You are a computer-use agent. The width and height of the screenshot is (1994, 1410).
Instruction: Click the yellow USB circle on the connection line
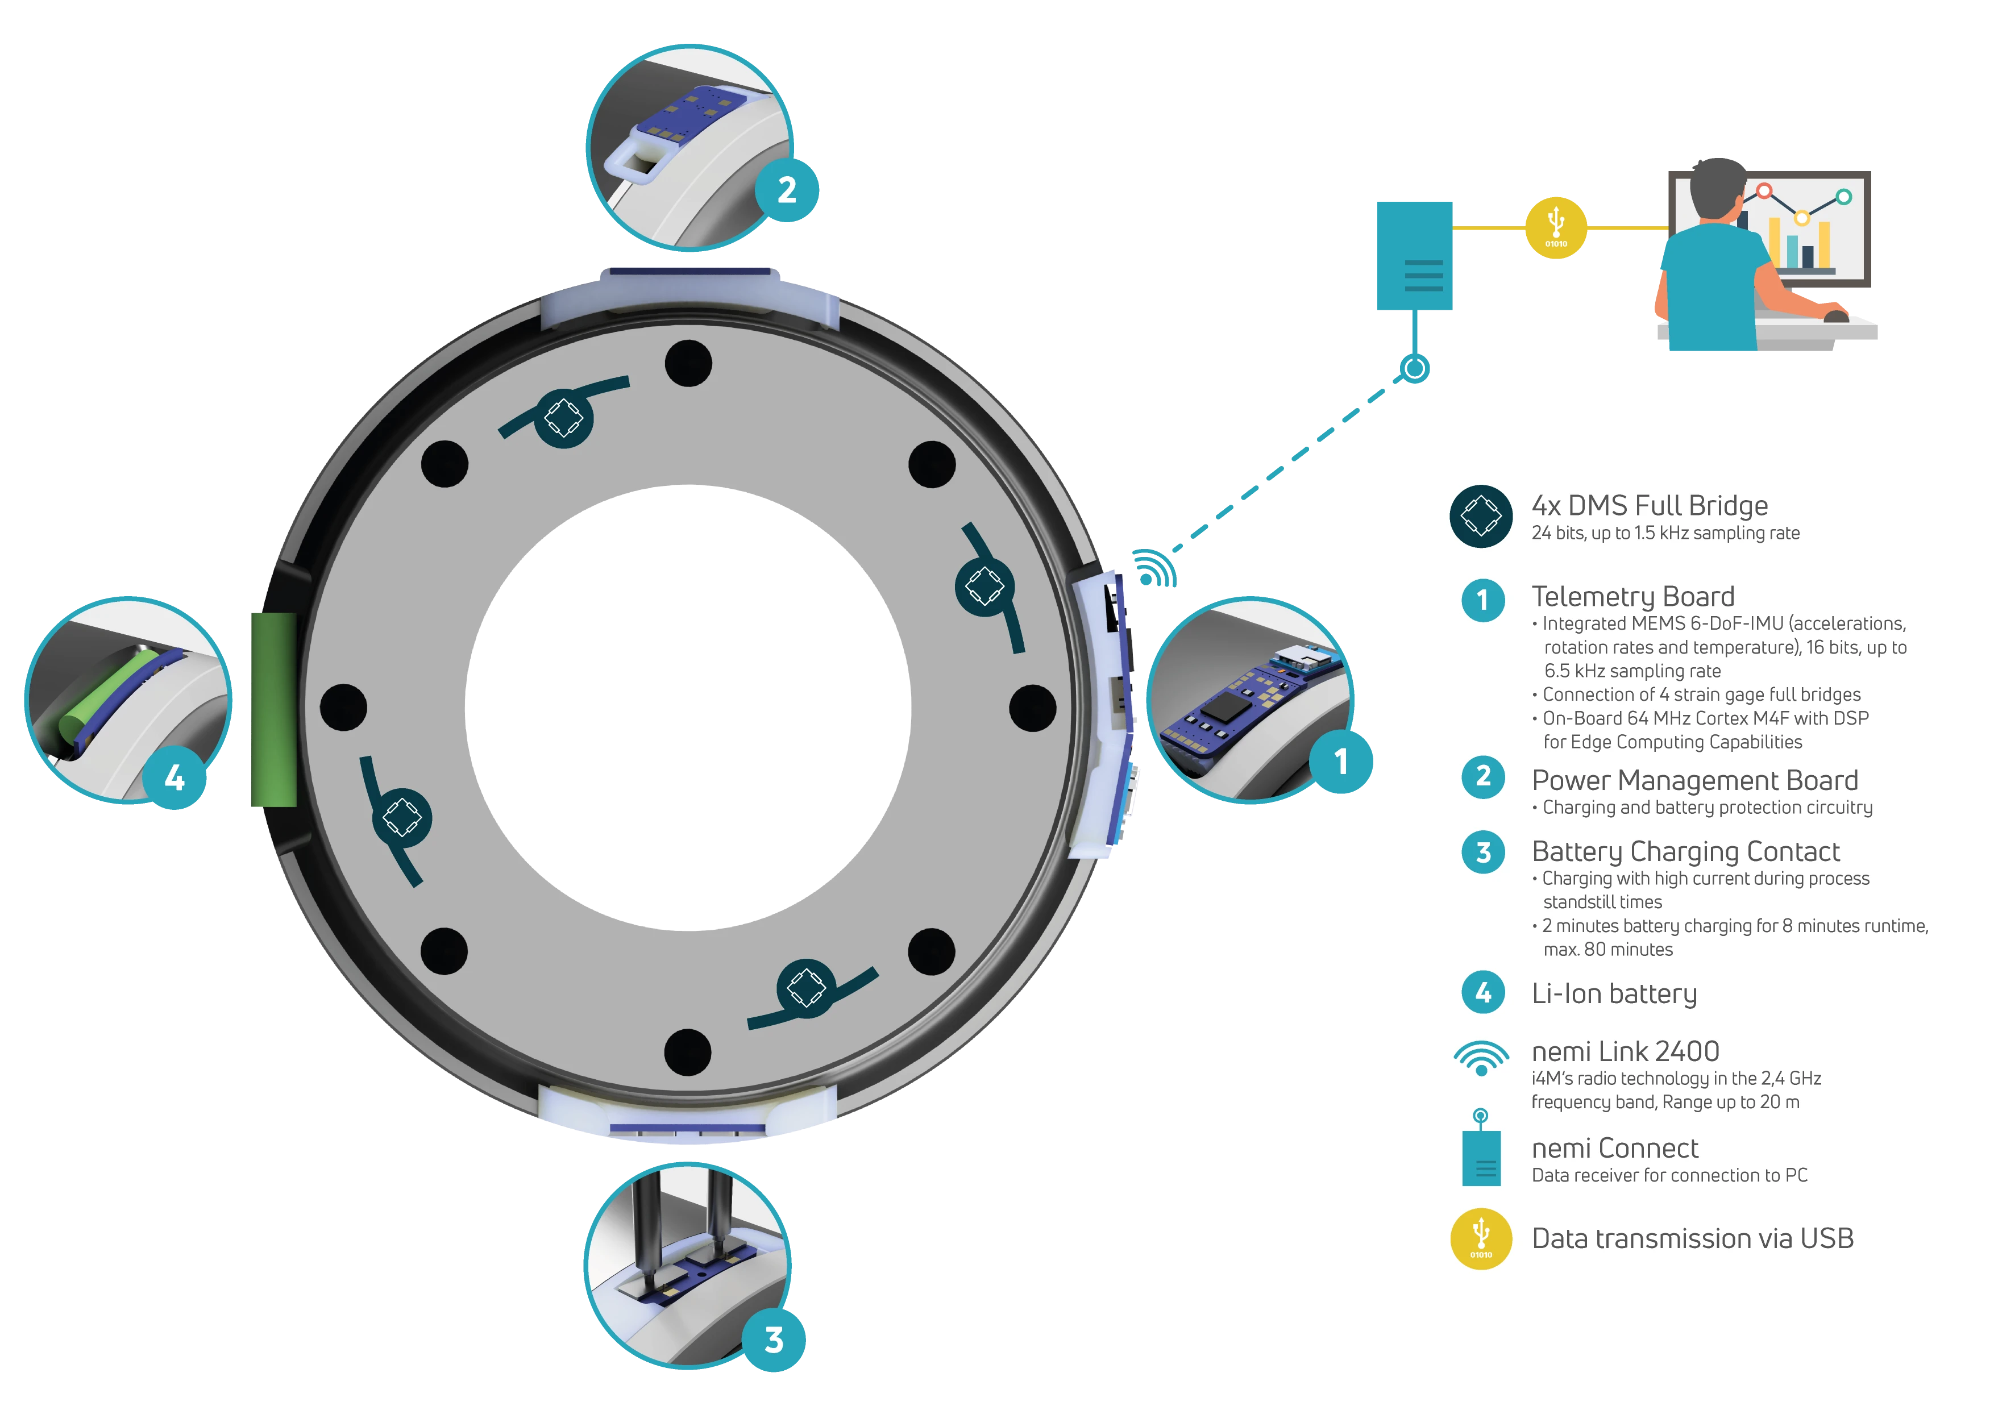click(x=1555, y=227)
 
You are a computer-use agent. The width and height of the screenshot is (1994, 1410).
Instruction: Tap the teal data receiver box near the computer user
click(x=1414, y=256)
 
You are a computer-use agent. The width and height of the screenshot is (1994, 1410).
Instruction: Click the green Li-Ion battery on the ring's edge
click(x=273, y=709)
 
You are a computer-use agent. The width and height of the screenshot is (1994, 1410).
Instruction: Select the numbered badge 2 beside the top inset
click(x=787, y=189)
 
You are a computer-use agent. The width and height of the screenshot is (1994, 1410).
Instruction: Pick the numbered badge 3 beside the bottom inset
click(x=774, y=1340)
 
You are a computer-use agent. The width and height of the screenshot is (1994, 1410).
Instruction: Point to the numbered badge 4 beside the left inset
click(x=175, y=777)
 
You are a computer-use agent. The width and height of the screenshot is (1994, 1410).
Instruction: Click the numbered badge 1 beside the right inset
click(x=1340, y=762)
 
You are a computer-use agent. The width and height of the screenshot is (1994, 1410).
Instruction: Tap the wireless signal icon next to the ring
click(x=1155, y=569)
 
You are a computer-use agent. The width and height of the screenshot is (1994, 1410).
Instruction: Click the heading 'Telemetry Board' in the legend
click(x=1632, y=597)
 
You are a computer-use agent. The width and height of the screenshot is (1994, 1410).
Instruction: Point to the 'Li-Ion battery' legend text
click(x=1614, y=993)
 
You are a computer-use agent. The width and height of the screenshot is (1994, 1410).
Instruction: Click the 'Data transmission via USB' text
click(x=1692, y=1238)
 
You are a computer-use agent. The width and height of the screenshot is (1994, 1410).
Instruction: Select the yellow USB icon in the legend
click(x=1482, y=1239)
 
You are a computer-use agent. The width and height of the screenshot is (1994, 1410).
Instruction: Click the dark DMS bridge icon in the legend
click(x=1482, y=515)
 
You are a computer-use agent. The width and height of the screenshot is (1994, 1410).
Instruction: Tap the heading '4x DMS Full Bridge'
click(x=1649, y=505)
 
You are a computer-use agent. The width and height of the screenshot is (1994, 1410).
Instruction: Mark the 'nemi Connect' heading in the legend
click(x=1614, y=1148)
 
